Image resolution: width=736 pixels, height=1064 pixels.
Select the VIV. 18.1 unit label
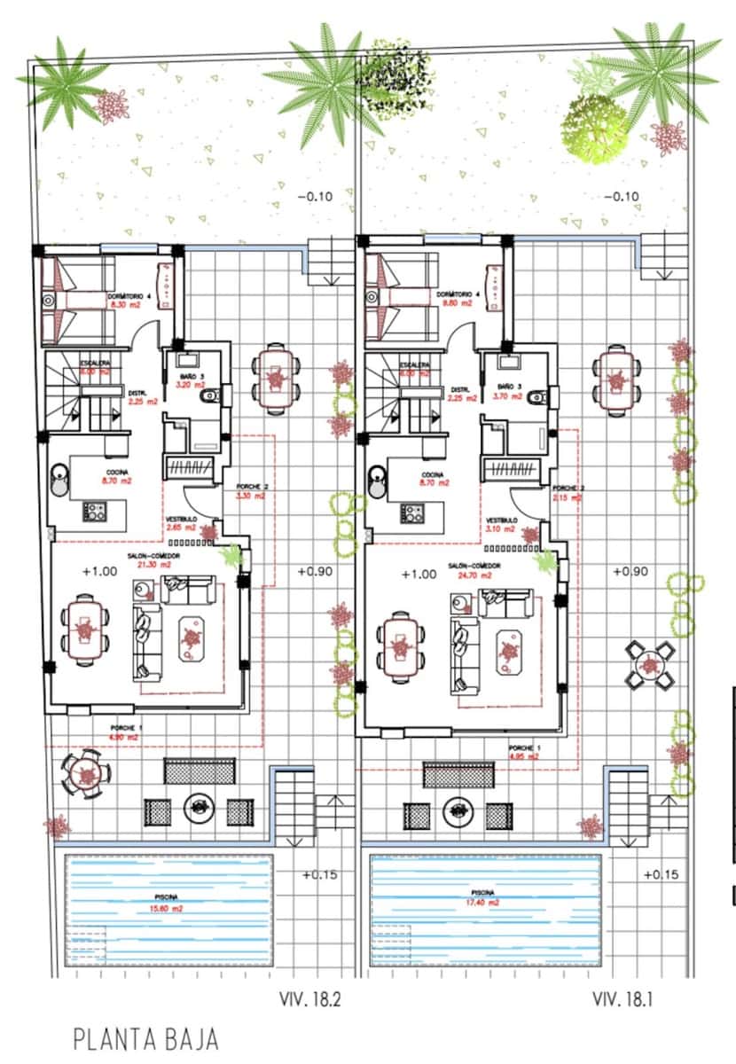(623, 1000)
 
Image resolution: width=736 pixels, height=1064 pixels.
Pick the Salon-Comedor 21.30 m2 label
(153, 559)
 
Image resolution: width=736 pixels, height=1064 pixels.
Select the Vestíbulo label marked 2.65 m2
(181, 523)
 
